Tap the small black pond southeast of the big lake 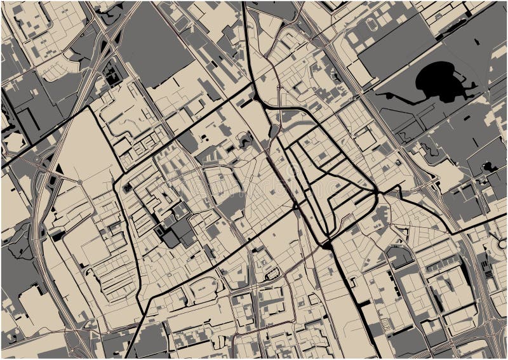pyautogui.click(x=490, y=167)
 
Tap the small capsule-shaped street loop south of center pyautogui.click(x=272, y=274)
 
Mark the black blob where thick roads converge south pyautogui.click(x=326, y=243)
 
